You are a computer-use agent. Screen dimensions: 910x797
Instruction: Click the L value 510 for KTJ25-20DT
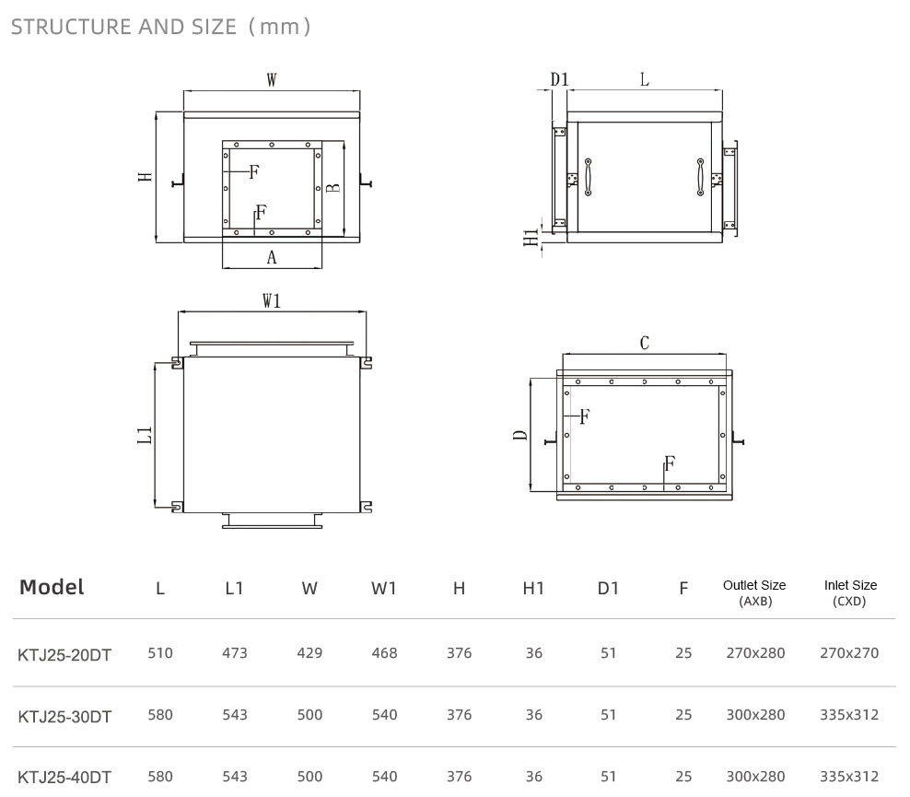(160, 653)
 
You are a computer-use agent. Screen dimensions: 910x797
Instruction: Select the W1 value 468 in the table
(384, 653)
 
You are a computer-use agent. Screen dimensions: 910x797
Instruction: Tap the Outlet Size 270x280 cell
(755, 653)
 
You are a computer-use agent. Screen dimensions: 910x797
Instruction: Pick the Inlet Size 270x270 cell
(849, 653)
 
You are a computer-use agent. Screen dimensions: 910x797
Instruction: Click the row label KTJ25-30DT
(64, 717)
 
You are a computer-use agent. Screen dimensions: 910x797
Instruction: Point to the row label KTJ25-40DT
(64, 778)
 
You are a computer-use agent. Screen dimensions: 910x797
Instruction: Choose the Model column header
(52, 587)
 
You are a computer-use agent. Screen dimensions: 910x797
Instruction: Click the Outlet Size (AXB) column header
(754, 592)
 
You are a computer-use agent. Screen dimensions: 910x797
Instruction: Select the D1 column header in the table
(608, 589)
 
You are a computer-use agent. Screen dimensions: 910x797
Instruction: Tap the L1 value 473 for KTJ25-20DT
(235, 653)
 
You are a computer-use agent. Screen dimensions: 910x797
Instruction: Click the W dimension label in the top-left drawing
(272, 79)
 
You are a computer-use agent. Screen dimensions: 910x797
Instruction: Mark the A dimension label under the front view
(272, 257)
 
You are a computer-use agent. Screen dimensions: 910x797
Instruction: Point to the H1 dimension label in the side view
(531, 238)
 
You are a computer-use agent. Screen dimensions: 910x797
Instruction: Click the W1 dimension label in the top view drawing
(272, 300)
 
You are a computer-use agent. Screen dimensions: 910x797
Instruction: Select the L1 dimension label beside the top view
(145, 436)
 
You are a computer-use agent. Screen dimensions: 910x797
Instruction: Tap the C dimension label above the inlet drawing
(644, 343)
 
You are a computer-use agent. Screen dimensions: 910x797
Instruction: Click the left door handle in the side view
(588, 177)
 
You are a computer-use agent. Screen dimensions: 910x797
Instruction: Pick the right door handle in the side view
(701, 177)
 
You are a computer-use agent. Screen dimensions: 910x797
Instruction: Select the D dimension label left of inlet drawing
(520, 436)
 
